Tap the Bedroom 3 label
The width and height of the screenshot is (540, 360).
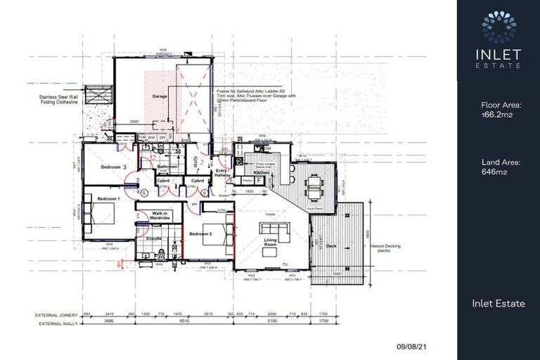[112, 167]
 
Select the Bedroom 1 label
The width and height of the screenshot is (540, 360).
[109, 199]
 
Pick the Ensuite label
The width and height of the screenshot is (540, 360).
[153, 238]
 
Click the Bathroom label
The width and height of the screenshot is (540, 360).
[167, 167]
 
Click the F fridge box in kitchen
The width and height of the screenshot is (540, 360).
[259, 181]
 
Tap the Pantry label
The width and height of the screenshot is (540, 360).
[247, 181]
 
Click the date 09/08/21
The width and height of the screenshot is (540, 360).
[412, 347]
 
